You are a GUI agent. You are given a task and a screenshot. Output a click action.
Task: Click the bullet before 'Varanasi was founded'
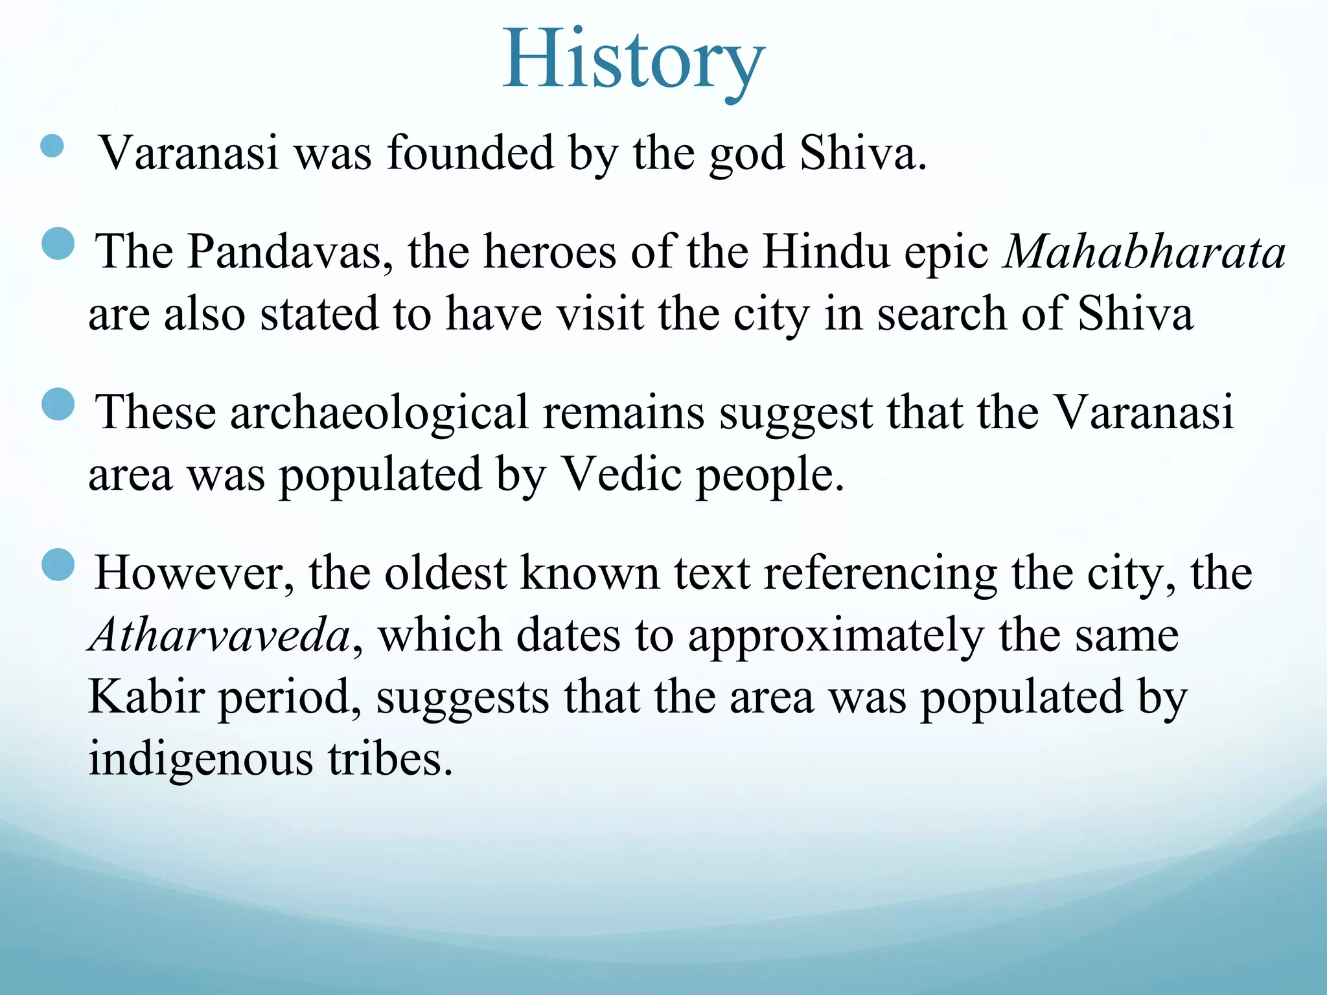[x=52, y=146]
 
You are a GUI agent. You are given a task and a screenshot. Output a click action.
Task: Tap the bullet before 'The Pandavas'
[x=58, y=244]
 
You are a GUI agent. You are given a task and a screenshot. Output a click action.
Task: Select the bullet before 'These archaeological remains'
[x=58, y=404]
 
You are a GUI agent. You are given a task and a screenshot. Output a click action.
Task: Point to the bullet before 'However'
[x=58, y=564]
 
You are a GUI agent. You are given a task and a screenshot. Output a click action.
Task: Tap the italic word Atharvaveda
[x=221, y=635]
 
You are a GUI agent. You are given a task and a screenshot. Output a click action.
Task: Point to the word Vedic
[x=620, y=474]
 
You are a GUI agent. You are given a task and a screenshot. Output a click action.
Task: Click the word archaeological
[x=379, y=412]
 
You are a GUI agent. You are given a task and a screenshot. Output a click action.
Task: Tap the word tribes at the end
[x=389, y=759]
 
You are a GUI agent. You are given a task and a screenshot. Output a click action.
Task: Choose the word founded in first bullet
[x=470, y=154]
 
